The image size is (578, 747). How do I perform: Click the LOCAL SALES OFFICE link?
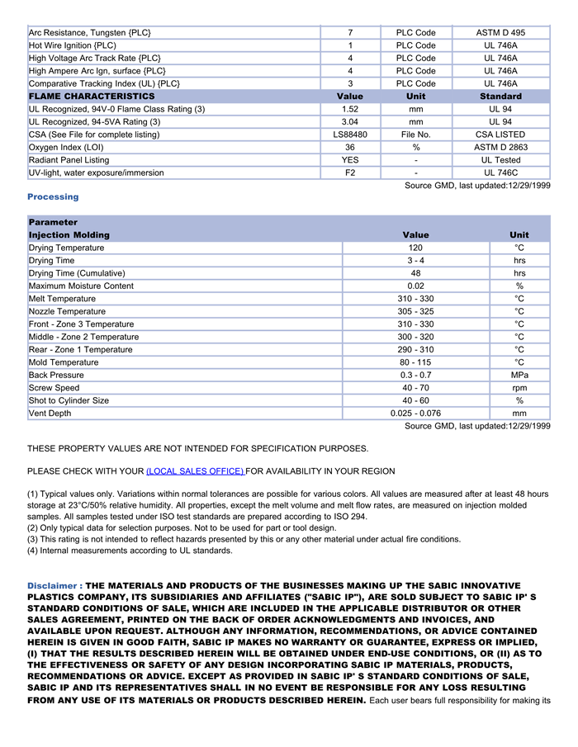195,471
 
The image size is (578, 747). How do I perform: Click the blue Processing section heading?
53,196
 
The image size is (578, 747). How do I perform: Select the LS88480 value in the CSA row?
350,135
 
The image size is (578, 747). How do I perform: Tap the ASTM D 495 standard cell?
500,33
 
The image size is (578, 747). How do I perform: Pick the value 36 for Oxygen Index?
350,147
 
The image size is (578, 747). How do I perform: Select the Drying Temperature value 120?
415,248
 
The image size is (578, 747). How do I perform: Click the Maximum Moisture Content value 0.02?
415,286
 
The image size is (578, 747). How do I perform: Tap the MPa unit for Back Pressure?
519,375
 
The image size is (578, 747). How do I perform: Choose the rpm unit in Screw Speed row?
519,388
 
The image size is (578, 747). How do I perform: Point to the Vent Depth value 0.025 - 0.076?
415,414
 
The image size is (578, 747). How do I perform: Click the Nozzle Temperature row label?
67,311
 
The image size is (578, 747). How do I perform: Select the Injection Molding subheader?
69,235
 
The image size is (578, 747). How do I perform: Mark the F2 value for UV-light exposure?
350,173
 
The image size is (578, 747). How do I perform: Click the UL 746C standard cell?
500,173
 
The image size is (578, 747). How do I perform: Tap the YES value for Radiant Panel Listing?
350,160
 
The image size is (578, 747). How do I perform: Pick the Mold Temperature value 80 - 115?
415,362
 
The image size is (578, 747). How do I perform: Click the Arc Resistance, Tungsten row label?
90,33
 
